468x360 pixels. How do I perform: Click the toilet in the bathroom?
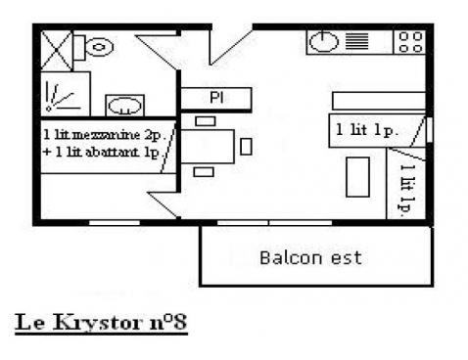pos(98,45)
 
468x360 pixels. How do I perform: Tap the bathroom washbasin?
pos(124,105)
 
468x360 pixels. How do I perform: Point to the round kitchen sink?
pos(324,42)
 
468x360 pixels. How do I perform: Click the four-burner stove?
pos(410,41)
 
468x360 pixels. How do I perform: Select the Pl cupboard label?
pos(215,98)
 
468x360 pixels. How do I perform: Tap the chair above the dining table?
pos(205,121)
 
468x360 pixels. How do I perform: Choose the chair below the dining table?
pos(204,172)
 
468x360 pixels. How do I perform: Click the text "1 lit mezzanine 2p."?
pos(100,131)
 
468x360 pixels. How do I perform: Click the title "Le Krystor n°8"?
pos(101,321)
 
